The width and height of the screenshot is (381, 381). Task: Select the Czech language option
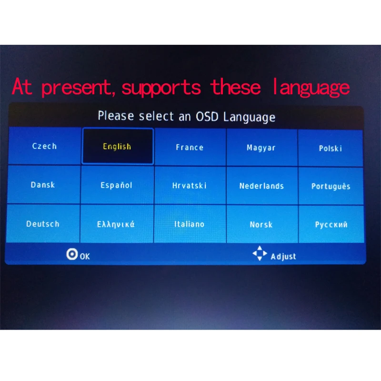pyautogui.click(x=44, y=146)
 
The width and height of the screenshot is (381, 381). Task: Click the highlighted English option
pyautogui.click(x=117, y=146)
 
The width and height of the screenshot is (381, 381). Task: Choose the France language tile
pyautogui.click(x=190, y=147)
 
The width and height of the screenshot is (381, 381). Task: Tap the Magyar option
pyautogui.click(x=261, y=148)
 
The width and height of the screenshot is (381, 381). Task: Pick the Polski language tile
pyautogui.click(x=331, y=148)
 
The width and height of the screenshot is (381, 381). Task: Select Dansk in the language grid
pyautogui.click(x=43, y=185)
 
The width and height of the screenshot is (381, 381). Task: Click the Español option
pyautogui.click(x=116, y=185)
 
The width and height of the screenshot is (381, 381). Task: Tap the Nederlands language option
pyautogui.click(x=261, y=186)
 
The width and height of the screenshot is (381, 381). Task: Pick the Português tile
pyautogui.click(x=331, y=187)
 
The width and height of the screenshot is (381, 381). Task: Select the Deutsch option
pyautogui.click(x=43, y=224)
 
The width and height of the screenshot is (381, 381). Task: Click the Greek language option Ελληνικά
pyautogui.click(x=116, y=224)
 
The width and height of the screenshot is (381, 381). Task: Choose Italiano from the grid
pyautogui.click(x=189, y=224)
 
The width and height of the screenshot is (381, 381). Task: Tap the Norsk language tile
pyautogui.click(x=261, y=224)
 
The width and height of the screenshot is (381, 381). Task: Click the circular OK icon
pyautogui.click(x=72, y=255)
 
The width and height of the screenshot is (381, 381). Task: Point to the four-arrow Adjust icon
pyautogui.click(x=260, y=254)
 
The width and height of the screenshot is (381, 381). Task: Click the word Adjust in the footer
pyautogui.click(x=283, y=257)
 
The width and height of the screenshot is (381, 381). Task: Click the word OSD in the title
pyautogui.click(x=206, y=117)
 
